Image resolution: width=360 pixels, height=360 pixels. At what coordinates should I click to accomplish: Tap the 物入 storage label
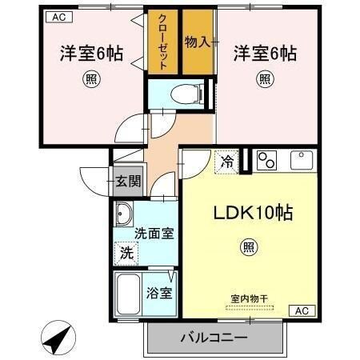[x=197, y=41]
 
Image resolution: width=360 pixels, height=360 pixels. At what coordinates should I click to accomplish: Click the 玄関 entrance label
[x=126, y=181]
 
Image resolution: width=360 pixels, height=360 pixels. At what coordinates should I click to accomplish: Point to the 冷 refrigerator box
[x=227, y=162]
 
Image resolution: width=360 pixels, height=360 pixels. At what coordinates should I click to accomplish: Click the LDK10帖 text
[x=252, y=214]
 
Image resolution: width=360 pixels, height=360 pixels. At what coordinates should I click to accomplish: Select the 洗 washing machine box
[x=126, y=254]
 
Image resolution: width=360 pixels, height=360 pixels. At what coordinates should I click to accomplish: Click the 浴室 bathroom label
[x=158, y=293]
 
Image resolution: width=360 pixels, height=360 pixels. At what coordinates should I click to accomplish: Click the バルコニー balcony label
[x=213, y=338]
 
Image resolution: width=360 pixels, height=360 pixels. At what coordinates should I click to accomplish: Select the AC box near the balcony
[x=302, y=310]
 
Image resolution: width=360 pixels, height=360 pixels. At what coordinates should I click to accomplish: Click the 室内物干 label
[x=250, y=299]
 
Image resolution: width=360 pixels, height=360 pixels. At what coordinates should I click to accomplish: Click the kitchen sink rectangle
[x=303, y=160]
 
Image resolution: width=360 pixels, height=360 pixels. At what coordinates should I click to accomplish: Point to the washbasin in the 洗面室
[x=124, y=215]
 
